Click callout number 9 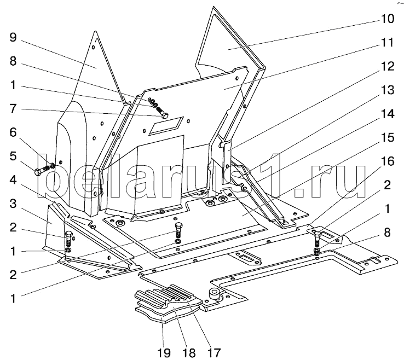[13, 37]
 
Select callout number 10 [387, 19]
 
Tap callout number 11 [387, 43]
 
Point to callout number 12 [387, 66]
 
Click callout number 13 [387, 90]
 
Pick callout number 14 [387, 114]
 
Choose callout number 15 [387, 137]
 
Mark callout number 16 [387, 161]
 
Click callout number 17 [213, 352]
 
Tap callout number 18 [189, 352]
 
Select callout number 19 [164, 352]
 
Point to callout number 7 [13, 109]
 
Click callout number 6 [13, 132]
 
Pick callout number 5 [13, 156]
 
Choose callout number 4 [13, 180]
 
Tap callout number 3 [13, 204]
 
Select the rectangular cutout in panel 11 [167, 125]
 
